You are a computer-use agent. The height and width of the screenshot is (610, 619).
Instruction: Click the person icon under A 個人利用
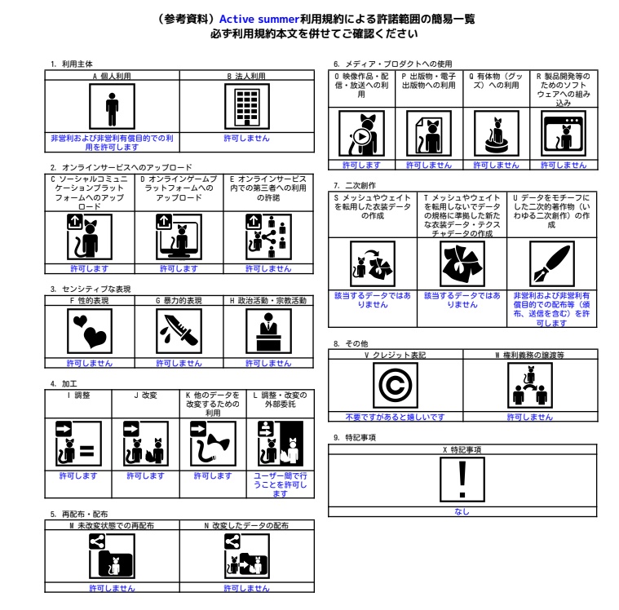[x=112, y=106]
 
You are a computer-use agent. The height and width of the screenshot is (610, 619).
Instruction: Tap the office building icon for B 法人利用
[x=247, y=106]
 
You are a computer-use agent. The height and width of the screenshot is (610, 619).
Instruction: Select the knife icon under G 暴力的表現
[x=179, y=331]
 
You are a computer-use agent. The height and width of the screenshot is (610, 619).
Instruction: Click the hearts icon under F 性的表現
[x=90, y=331]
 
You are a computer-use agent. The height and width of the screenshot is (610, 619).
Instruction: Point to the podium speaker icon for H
[x=268, y=331]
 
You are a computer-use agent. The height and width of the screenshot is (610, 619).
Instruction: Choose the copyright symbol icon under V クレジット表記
[x=396, y=386]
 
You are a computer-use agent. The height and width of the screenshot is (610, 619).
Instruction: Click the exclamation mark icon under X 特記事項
[x=462, y=480]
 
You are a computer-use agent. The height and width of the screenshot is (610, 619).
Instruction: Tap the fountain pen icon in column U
[x=551, y=263]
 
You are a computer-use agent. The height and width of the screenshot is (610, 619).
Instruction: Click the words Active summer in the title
[x=259, y=19]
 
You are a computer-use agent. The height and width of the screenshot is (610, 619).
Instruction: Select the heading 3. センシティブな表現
[x=91, y=289]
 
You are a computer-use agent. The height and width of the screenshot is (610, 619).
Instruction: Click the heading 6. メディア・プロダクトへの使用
[x=393, y=64]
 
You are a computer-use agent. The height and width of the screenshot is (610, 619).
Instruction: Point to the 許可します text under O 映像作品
[x=361, y=165]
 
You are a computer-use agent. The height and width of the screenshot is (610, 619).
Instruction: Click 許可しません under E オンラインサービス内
[x=268, y=268]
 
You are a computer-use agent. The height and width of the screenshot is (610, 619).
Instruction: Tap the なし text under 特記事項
[x=462, y=511]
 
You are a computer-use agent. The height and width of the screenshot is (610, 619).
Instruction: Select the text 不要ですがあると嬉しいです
[x=396, y=417]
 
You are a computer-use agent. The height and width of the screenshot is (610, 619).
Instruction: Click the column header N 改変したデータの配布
[x=247, y=525]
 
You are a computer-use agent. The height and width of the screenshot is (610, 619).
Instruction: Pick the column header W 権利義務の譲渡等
[x=530, y=355]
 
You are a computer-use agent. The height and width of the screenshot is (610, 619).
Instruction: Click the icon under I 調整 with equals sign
[x=78, y=444]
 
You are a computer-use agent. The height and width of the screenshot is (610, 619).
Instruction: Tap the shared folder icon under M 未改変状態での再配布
[x=112, y=556]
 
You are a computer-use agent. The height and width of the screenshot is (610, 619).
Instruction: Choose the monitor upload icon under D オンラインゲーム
[x=179, y=236]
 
